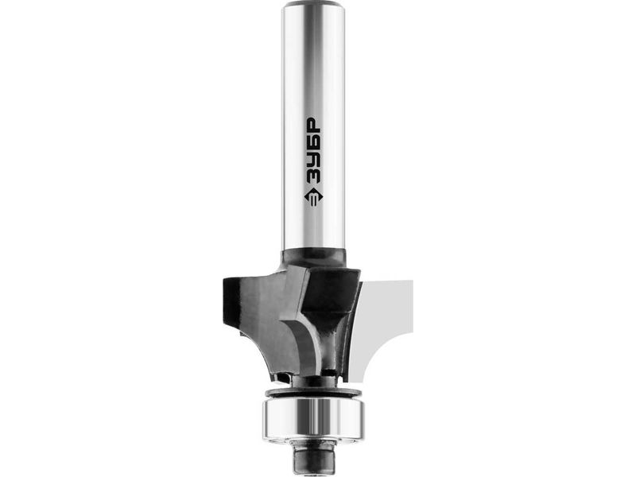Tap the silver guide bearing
click(x=314, y=419)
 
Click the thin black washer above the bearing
click(x=312, y=393)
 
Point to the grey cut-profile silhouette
click(x=386, y=316)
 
